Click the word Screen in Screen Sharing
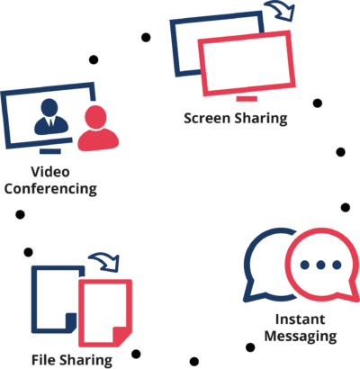pos(207,118)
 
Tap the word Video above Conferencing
pos(50,172)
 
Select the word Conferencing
pos(50,189)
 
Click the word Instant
pos(301,319)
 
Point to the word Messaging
pos(301,336)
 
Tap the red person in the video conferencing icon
pos(98,128)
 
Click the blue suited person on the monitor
pos(50,117)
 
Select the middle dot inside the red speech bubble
pos(320,265)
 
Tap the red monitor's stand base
pos(247,99)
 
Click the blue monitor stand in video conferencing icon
pos(50,151)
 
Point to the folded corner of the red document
pos(121,336)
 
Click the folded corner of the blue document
pos(71,321)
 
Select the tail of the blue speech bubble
pos(251,292)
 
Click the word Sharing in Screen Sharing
pos(261,119)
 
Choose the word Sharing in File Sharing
pos(85,361)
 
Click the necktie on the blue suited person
pos(50,122)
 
